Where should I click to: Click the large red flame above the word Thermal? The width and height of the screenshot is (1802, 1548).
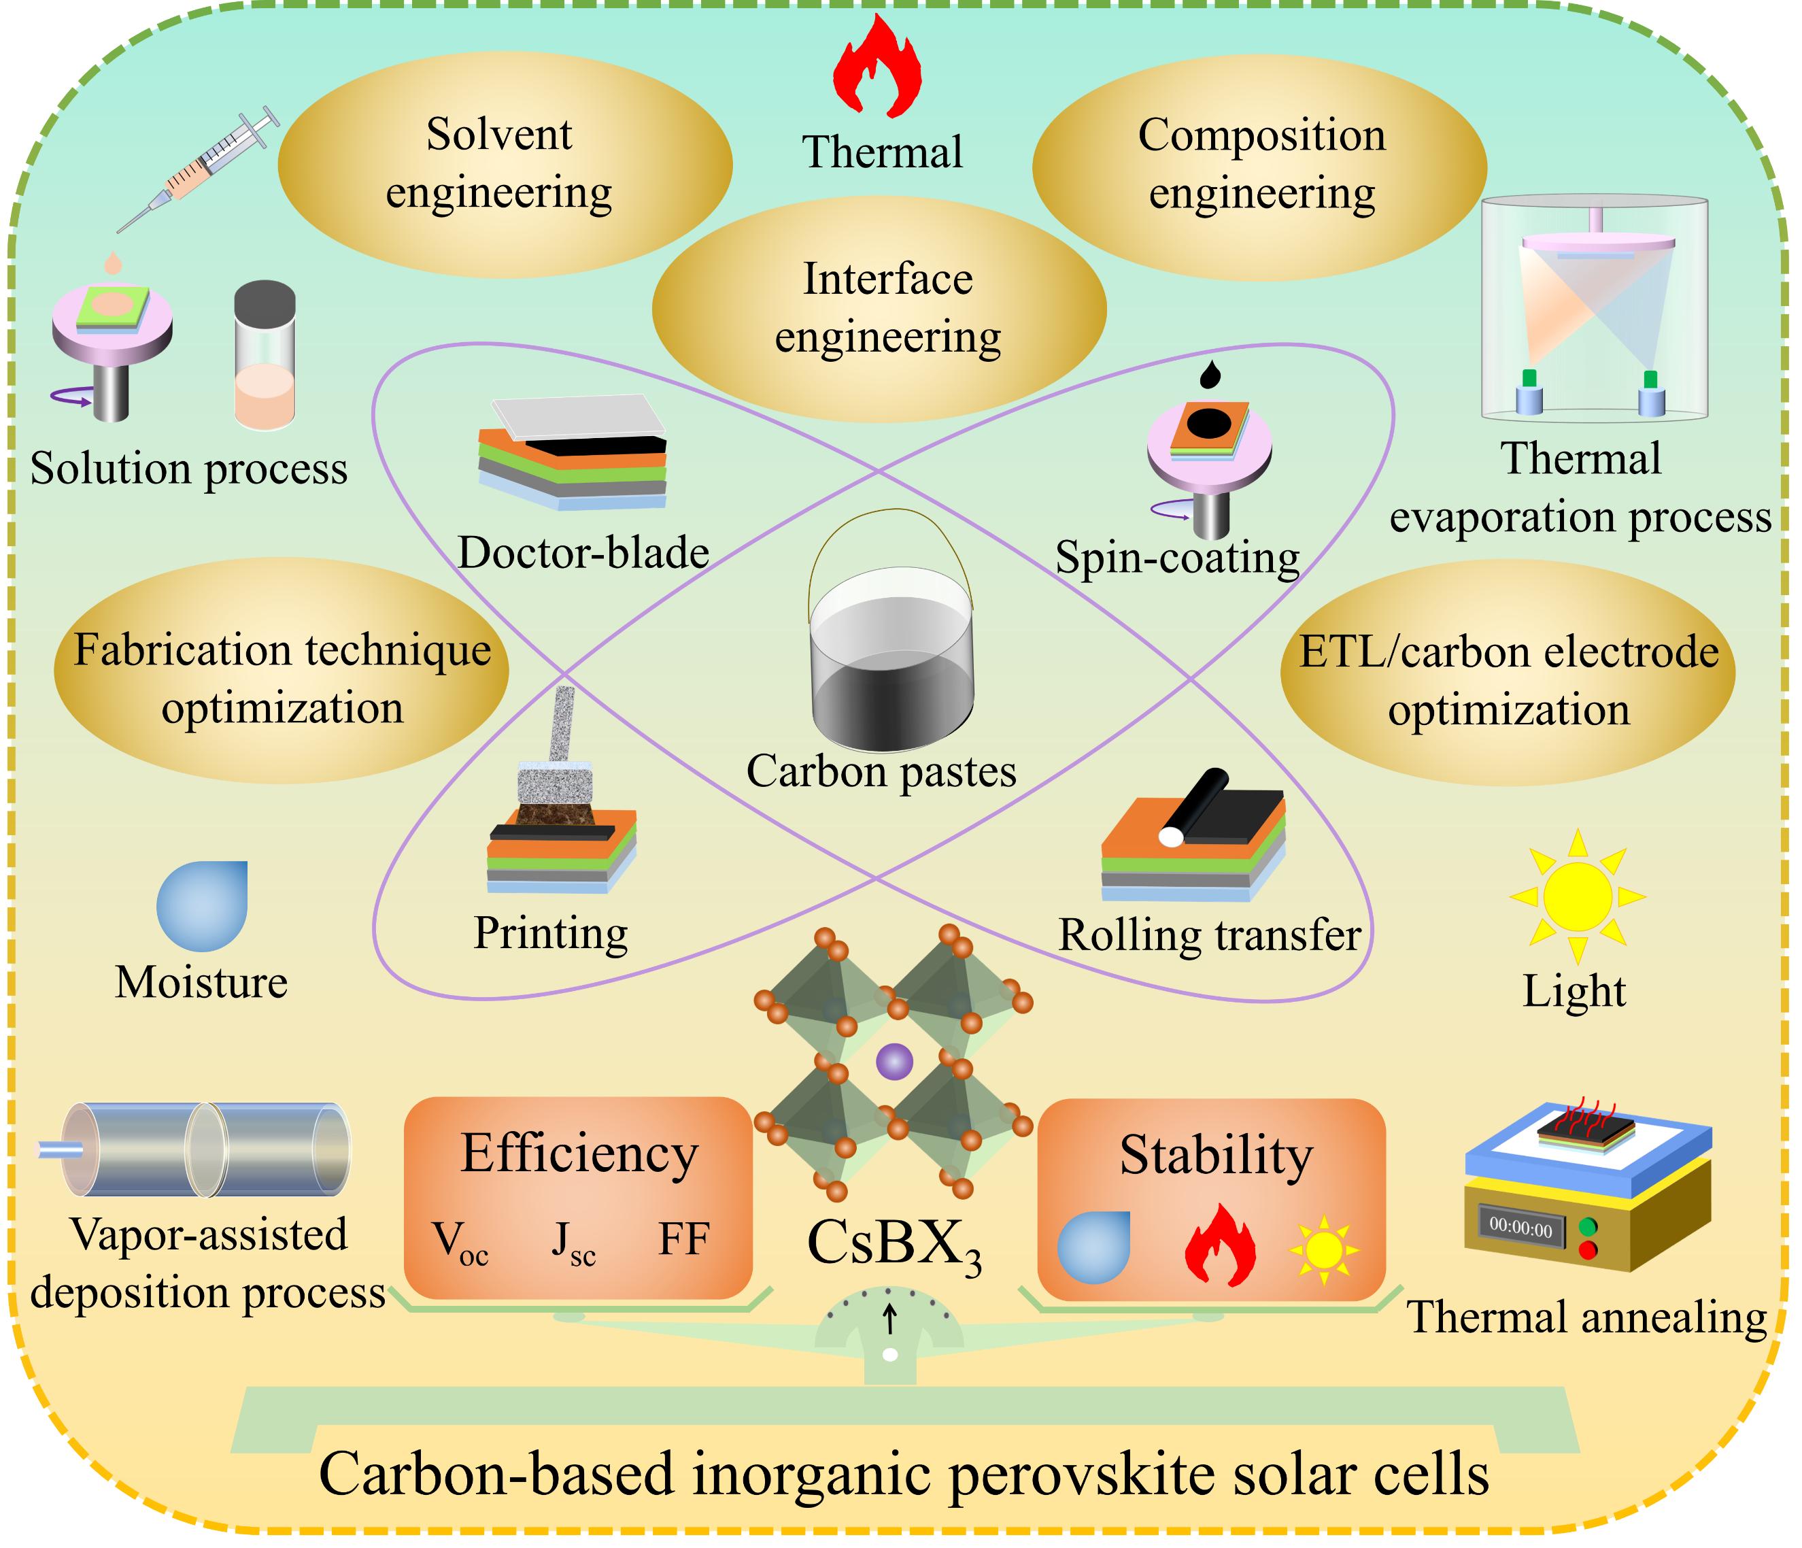pyautogui.click(x=877, y=68)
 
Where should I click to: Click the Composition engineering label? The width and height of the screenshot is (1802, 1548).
pyautogui.click(x=1260, y=163)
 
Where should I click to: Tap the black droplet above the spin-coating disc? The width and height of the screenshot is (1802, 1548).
pyautogui.click(x=1210, y=375)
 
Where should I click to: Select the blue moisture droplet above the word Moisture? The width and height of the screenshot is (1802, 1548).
pyautogui.click(x=202, y=905)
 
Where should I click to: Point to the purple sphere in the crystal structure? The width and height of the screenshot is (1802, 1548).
pyautogui.click(x=894, y=1062)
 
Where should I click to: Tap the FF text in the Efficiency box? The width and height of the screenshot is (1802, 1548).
pyautogui.click(x=683, y=1239)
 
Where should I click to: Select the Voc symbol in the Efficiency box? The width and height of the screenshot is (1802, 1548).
pyautogui.click(x=460, y=1243)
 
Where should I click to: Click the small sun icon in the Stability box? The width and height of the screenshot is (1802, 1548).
pyautogui.click(x=1323, y=1251)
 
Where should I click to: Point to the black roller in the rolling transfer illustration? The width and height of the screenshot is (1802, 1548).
pyautogui.click(x=1197, y=805)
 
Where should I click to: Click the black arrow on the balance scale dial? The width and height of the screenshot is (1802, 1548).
pyautogui.click(x=889, y=1318)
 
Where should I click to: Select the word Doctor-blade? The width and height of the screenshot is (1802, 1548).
pyautogui.click(x=583, y=553)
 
